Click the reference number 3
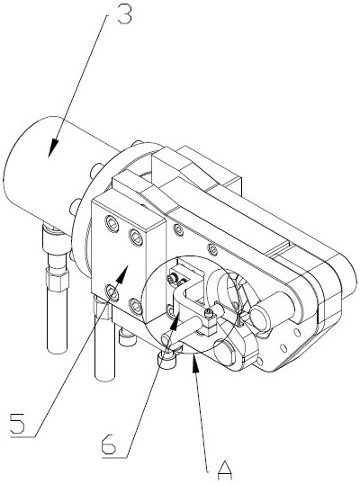click(x=124, y=14)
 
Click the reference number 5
click(x=17, y=424)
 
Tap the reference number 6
click(x=109, y=444)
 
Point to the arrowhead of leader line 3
click(x=53, y=148)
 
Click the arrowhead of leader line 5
click(x=122, y=273)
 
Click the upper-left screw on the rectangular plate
click(x=112, y=223)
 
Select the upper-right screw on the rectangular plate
click(x=136, y=238)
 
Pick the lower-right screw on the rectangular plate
click(x=136, y=307)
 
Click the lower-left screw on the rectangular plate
click(x=112, y=292)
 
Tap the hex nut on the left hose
click(x=57, y=279)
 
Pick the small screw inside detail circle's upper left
click(x=172, y=280)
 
